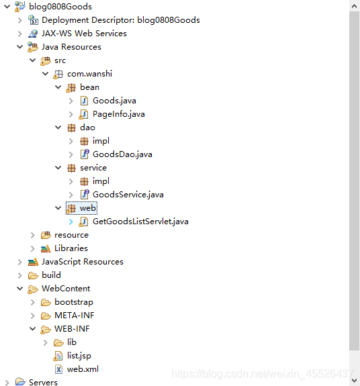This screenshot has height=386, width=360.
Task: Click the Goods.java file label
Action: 114,101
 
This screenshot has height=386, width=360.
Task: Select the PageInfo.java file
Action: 118,114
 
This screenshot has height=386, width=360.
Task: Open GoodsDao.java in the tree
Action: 122,154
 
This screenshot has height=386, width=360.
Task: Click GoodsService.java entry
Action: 128,195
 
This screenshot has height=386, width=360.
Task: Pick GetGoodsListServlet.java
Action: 140,222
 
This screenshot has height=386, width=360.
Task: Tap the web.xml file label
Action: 83,369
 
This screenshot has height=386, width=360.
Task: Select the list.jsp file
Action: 79,356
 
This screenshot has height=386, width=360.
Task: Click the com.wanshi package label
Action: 89,74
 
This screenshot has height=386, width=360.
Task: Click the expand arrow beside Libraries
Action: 32,248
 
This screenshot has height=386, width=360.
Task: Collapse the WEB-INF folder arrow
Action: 32,329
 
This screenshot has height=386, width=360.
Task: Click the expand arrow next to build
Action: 19,275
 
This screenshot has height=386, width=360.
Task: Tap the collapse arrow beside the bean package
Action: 58,87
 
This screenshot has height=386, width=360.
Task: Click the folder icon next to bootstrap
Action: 46,302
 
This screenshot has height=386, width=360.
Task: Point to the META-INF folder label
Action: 75,316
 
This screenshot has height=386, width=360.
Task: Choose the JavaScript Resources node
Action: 83,262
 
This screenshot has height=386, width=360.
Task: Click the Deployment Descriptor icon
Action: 33,20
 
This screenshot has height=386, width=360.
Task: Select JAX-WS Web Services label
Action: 84,34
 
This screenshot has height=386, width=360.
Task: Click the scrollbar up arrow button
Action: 355,6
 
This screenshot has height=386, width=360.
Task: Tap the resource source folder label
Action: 71,235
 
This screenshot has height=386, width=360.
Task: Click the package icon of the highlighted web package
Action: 71,208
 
